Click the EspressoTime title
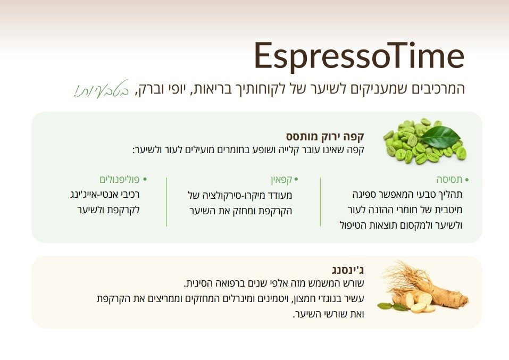[359, 55]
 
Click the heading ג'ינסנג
[346, 270]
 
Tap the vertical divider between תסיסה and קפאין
[320, 202]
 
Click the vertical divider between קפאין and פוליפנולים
[166, 202]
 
